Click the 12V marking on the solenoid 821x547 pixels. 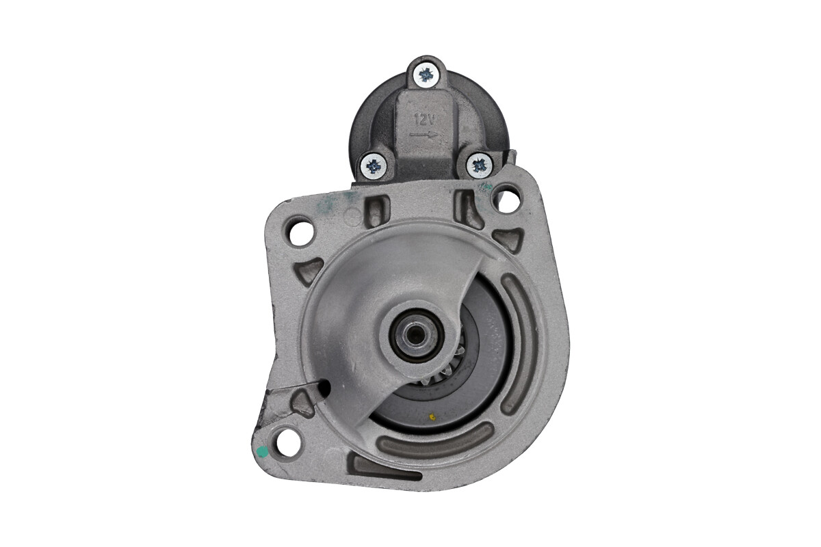point(424,119)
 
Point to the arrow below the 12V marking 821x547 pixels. point(423,134)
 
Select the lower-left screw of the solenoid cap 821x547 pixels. point(373,167)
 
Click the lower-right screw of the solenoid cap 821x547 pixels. point(479,166)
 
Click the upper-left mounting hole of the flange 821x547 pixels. point(300,233)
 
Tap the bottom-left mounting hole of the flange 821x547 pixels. point(288,446)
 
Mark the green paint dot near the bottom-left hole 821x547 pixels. point(263,453)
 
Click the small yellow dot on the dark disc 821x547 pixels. point(432,416)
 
